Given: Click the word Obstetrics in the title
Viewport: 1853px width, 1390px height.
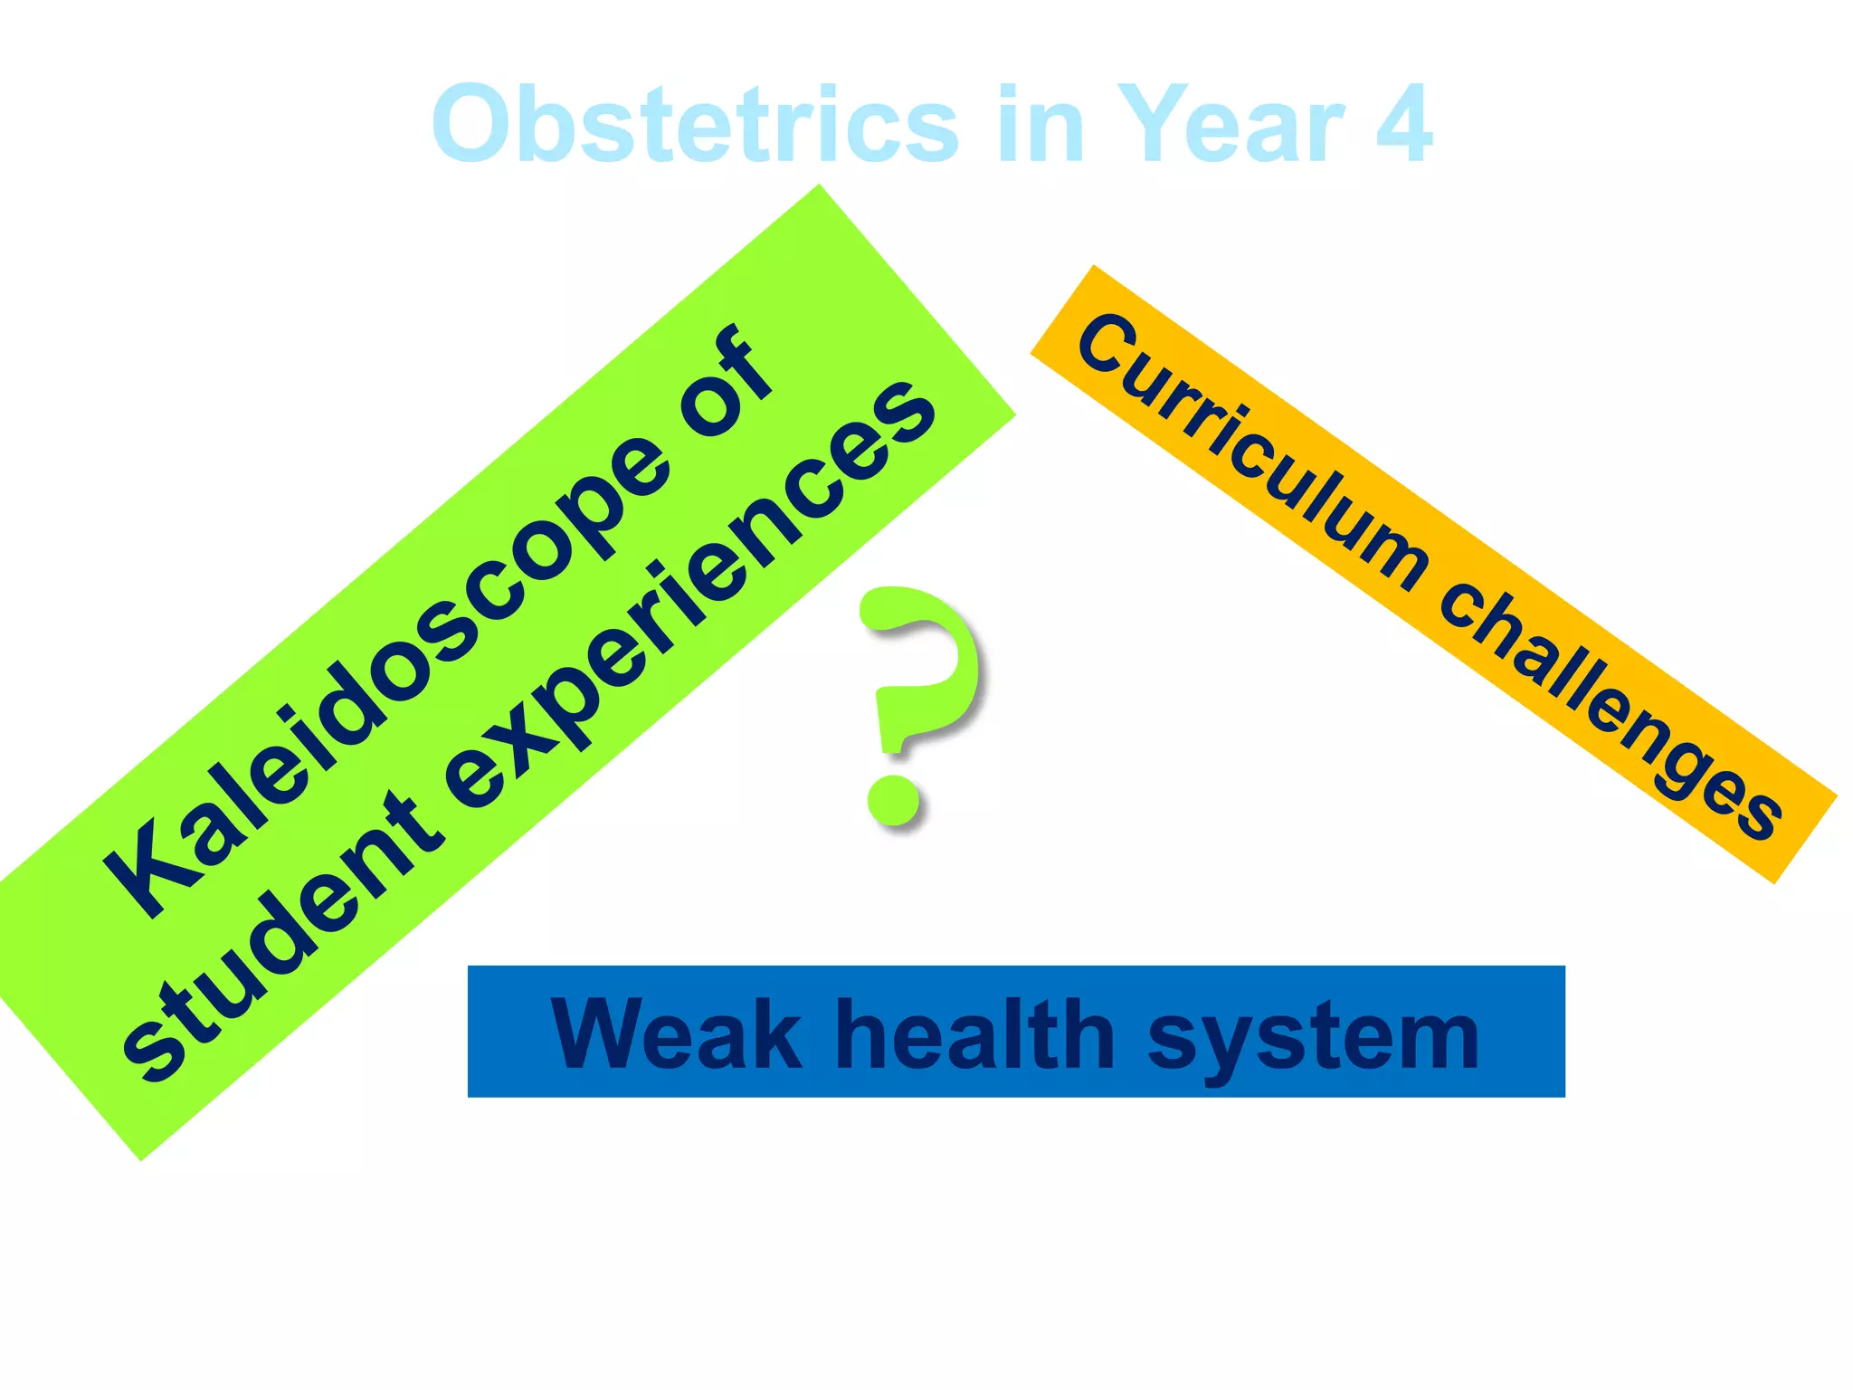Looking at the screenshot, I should (x=695, y=124).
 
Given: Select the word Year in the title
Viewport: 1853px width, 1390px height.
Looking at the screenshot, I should (x=1231, y=124).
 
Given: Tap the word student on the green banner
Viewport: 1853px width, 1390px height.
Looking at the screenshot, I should (x=280, y=941).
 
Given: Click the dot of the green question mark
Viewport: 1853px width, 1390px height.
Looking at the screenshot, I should (x=894, y=798).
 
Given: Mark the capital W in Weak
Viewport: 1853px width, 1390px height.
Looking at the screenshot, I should (x=602, y=1033).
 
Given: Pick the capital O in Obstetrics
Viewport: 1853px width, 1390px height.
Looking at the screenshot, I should (x=475, y=124).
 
